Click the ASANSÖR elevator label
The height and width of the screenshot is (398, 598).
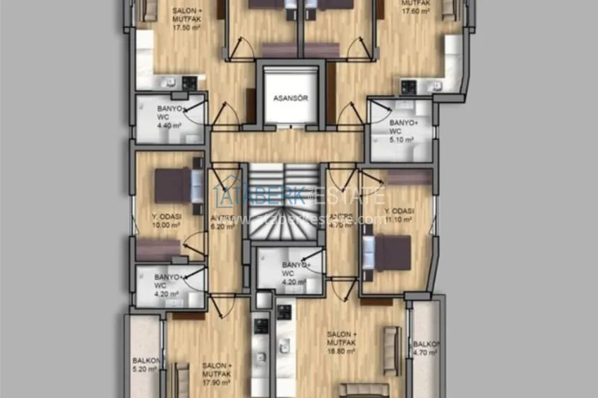click(291, 98)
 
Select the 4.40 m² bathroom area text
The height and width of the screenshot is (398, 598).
click(169, 126)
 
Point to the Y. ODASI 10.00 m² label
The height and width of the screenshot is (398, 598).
click(166, 222)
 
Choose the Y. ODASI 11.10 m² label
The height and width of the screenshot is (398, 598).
click(399, 215)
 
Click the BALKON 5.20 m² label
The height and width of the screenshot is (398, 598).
click(144, 364)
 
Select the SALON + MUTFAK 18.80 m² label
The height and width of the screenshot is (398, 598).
click(342, 342)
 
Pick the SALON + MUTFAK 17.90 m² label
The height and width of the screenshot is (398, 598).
click(217, 374)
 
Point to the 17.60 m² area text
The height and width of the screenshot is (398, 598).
click(415, 11)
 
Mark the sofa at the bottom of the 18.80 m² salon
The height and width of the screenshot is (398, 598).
click(363, 390)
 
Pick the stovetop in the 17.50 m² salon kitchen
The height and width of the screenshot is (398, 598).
click(189, 83)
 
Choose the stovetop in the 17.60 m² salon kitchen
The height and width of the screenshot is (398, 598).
click(409, 86)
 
